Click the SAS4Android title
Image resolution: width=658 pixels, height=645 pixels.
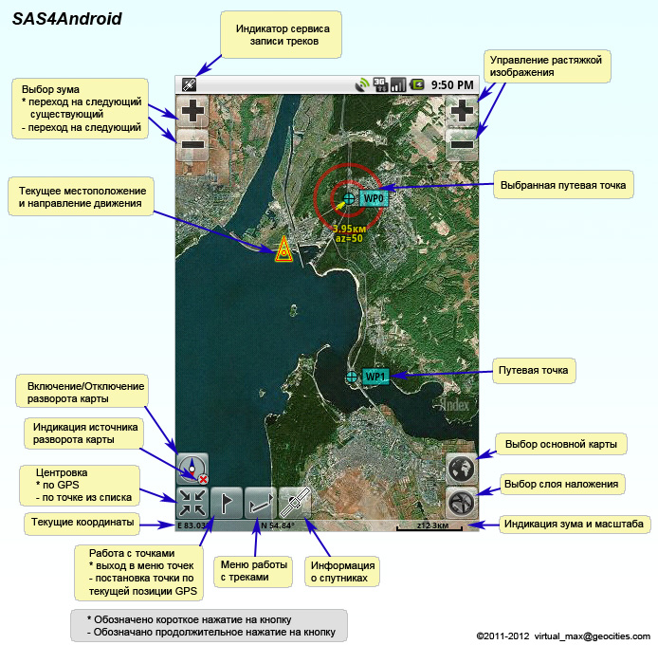[67, 18]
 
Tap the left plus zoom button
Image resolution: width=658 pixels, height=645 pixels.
[192, 111]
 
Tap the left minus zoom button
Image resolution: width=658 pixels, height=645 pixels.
[192, 144]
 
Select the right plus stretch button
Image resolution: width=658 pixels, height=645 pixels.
[462, 111]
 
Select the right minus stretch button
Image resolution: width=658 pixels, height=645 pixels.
[462, 144]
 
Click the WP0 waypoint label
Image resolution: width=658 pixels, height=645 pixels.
[374, 198]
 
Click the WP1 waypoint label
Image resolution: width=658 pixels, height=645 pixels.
[375, 377]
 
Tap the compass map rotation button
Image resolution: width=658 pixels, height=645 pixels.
[192, 468]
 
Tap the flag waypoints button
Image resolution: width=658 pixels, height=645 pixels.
[227, 503]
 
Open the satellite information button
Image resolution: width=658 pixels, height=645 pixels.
[295, 503]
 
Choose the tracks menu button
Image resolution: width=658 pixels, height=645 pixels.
[261, 503]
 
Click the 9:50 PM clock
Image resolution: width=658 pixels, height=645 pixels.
[451, 84]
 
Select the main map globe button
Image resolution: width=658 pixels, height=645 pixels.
[462, 469]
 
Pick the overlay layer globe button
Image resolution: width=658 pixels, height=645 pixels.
[462, 503]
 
